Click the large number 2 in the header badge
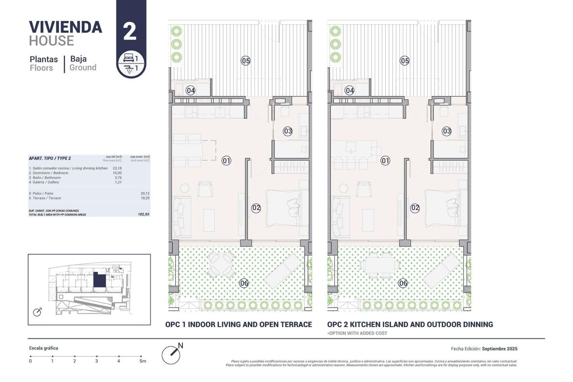tap(130, 31)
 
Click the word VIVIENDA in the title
tap(65, 27)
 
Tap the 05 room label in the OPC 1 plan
tap(245, 61)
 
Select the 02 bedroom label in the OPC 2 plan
tap(415, 208)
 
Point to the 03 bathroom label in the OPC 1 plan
tap(287, 131)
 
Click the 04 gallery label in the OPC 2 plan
tap(350, 90)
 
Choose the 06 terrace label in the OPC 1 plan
tap(244, 283)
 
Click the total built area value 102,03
tap(143, 214)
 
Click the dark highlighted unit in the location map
tap(99, 280)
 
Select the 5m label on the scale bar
tap(142, 361)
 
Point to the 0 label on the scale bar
tap(30, 361)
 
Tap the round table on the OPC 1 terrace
tap(221, 264)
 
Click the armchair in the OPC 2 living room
tap(364, 190)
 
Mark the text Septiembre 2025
tap(500, 349)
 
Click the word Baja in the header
tap(78, 59)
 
